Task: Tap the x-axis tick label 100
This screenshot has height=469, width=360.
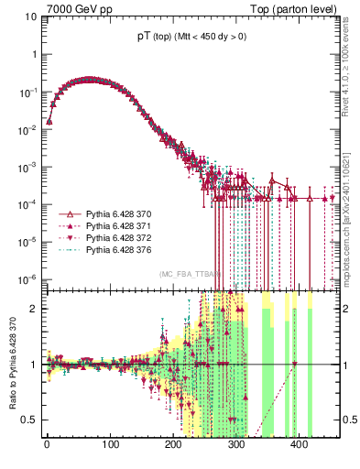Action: tap(110, 448)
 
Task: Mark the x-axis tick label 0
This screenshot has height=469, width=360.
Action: tap(47, 448)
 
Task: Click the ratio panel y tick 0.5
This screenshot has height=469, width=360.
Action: tap(30, 420)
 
